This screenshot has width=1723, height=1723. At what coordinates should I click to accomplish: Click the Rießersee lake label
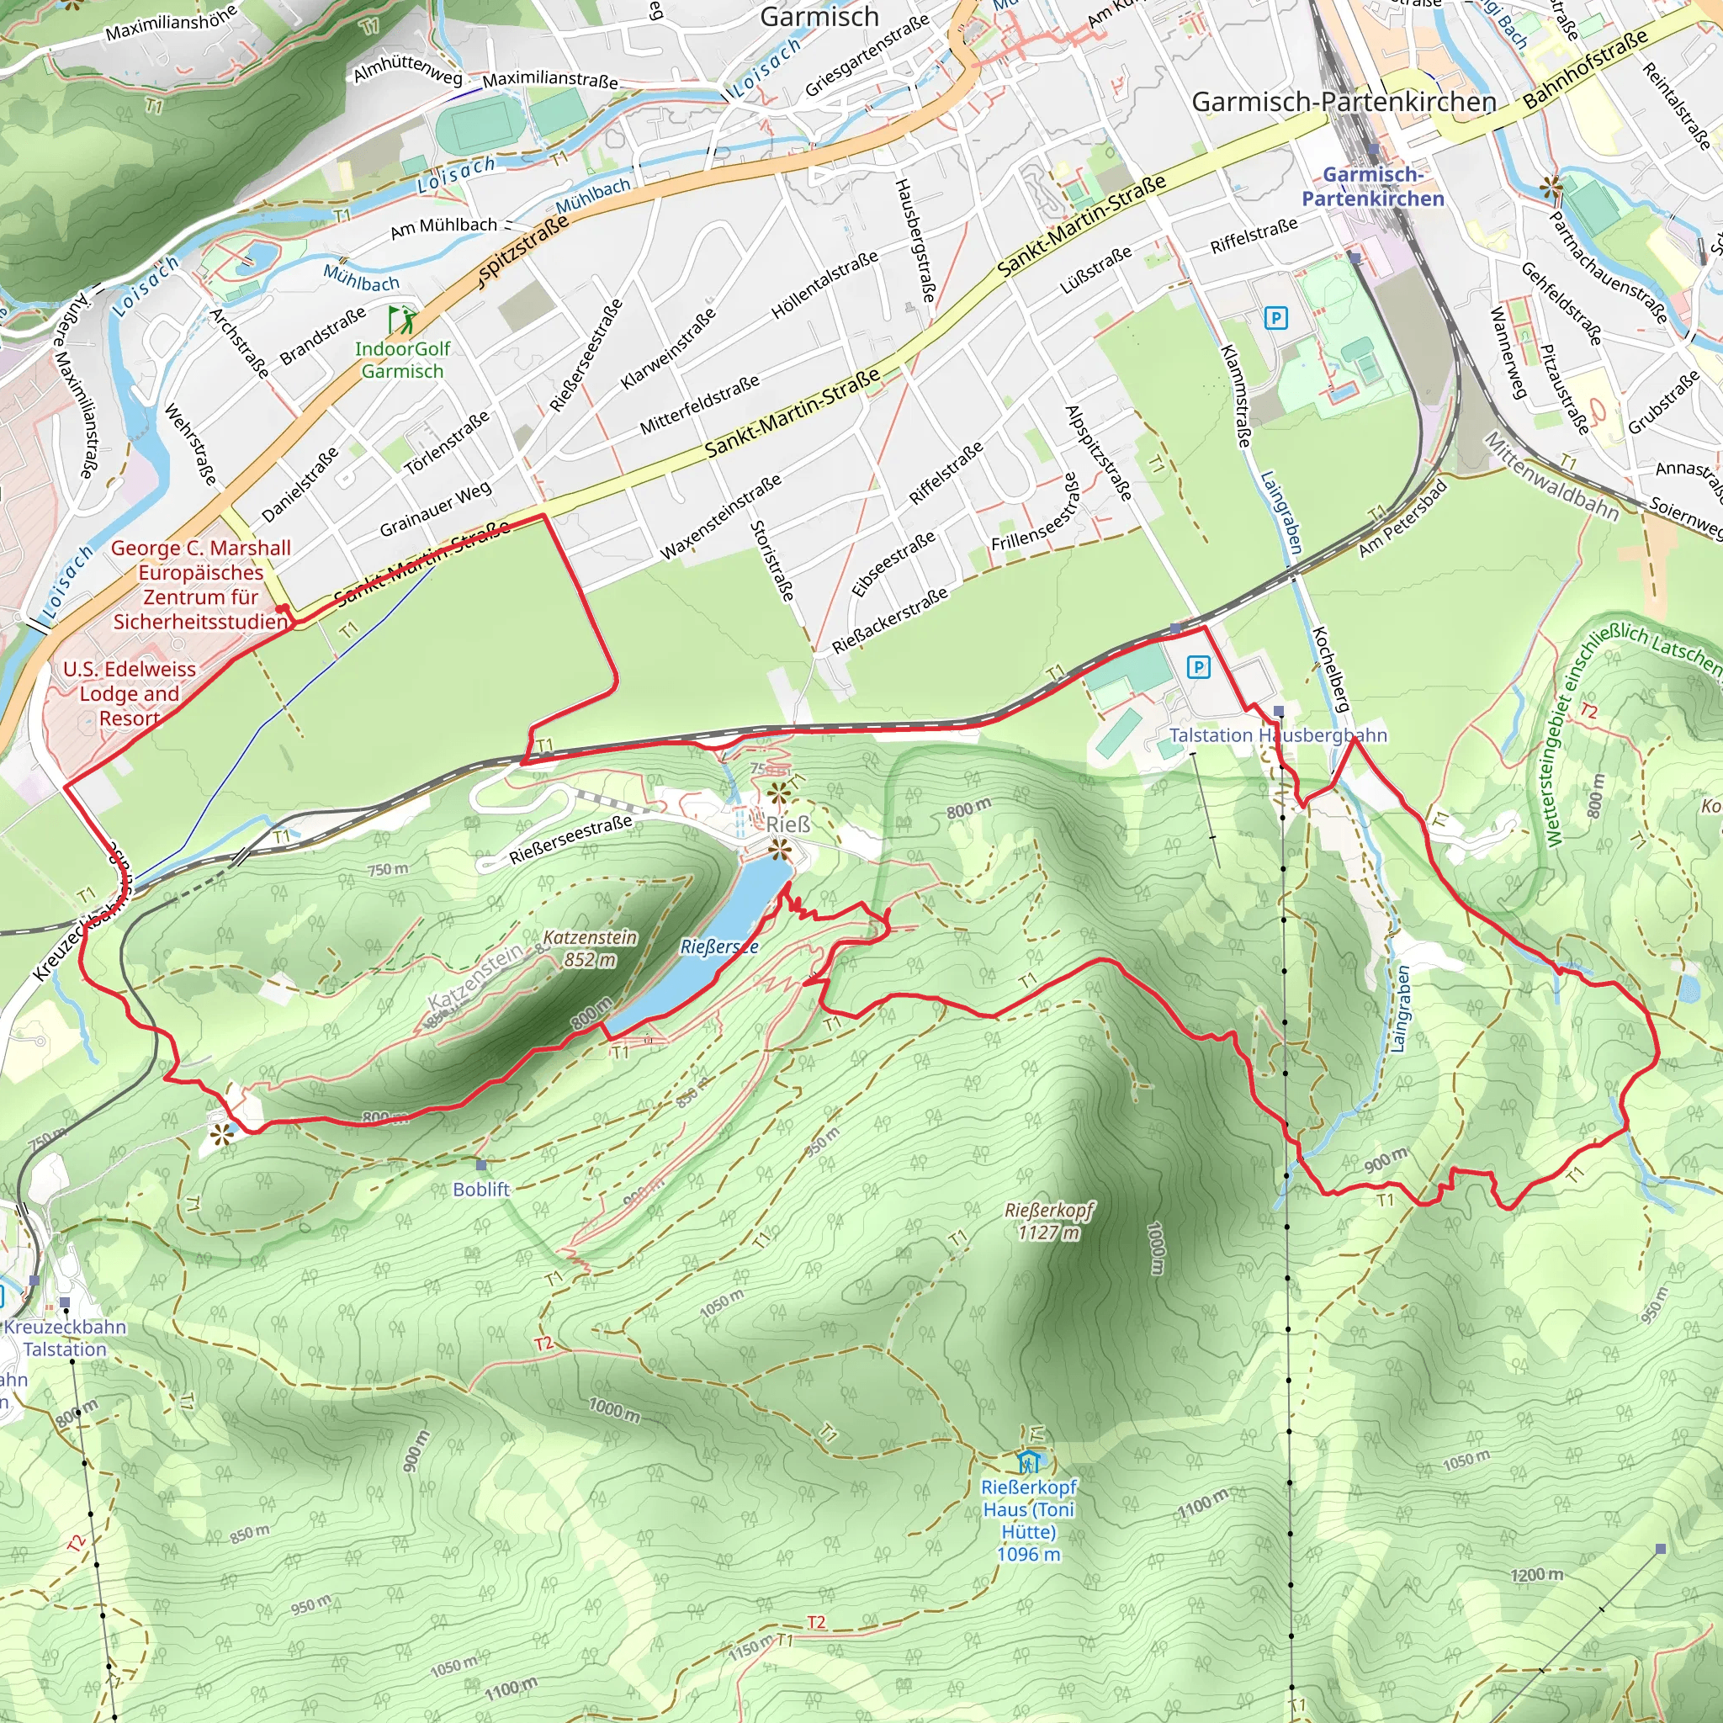click(x=718, y=946)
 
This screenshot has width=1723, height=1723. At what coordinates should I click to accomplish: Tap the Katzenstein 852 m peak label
click(x=590, y=948)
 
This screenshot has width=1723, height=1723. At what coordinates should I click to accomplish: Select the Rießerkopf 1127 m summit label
click(x=1049, y=1221)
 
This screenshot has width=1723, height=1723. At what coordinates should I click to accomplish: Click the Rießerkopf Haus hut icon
click(x=1029, y=1461)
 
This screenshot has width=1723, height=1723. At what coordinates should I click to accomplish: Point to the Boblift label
click(x=480, y=1189)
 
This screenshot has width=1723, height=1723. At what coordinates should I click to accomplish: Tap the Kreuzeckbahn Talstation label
click(x=64, y=1338)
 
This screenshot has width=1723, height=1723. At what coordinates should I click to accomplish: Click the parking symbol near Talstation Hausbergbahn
click(x=1199, y=667)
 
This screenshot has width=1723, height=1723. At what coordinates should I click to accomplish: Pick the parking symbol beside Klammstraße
click(x=1276, y=317)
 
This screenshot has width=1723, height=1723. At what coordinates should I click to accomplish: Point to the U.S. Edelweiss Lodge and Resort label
click(x=130, y=693)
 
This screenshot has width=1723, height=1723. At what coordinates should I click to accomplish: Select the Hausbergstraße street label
click(x=915, y=240)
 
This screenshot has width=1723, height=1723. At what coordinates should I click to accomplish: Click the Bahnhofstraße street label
click(x=1586, y=70)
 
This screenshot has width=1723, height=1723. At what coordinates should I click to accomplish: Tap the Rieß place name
click(x=788, y=824)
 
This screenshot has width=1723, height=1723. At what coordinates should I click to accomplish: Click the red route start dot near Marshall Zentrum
click(x=281, y=609)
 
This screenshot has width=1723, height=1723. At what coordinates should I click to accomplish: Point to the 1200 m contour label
click(x=1536, y=1575)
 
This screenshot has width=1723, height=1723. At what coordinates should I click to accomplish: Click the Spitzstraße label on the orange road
click(x=522, y=250)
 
